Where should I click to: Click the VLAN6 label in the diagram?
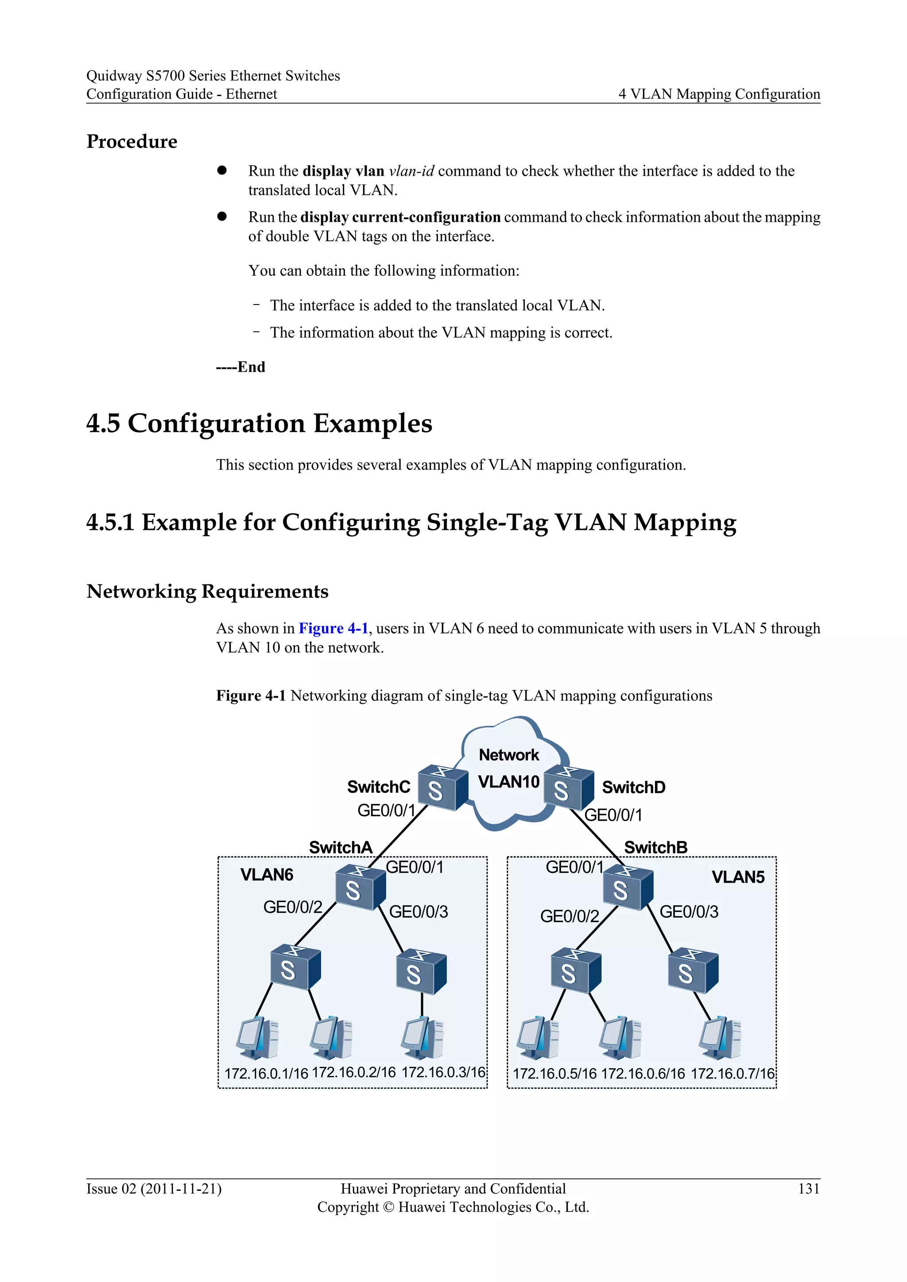[267, 874]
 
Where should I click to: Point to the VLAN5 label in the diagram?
[738, 877]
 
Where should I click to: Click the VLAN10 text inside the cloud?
[508, 782]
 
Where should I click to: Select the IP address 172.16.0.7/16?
[732, 1074]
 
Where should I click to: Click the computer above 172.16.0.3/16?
[422, 1038]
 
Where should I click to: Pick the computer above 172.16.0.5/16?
[538, 1039]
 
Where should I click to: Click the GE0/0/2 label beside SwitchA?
[293, 907]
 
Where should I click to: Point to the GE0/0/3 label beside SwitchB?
[689, 912]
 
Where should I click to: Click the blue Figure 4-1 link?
[333, 629]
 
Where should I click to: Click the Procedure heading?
[132, 142]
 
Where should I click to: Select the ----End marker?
[241, 367]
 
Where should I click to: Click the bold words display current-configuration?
[400, 217]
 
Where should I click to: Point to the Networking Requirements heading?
[207, 591]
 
